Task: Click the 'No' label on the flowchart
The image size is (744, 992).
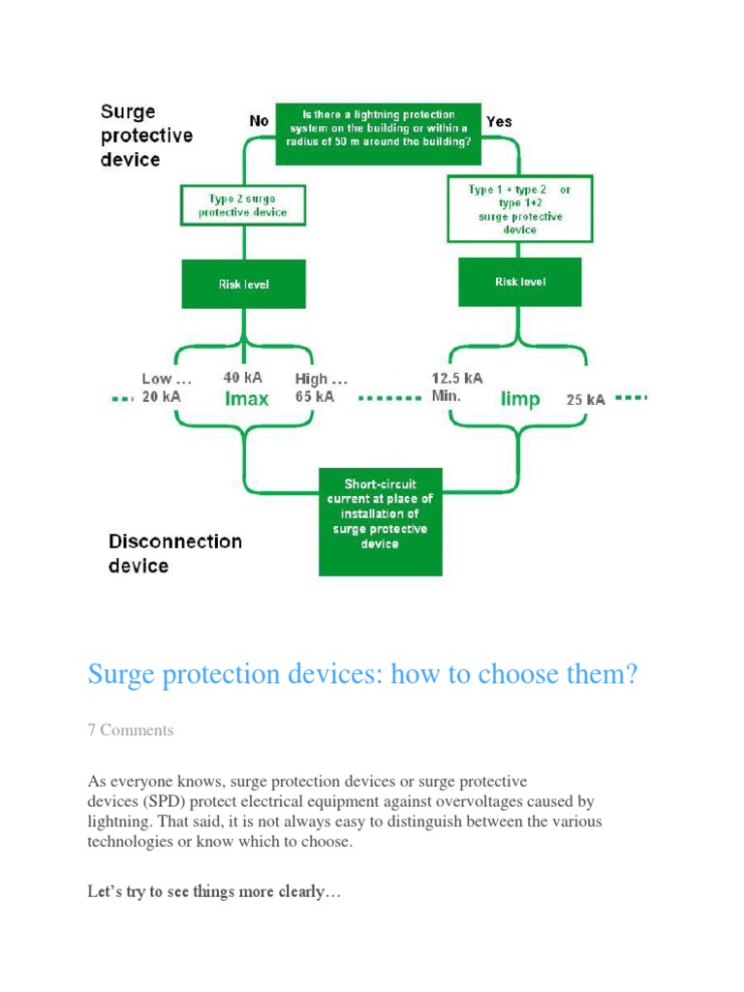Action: pos(259,121)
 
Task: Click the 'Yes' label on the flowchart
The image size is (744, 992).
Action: pos(499,121)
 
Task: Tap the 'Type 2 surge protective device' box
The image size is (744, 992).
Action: pos(243,205)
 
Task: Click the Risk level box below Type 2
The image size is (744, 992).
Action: pos(243,284)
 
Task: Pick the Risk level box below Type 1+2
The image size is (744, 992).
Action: pos(519,282)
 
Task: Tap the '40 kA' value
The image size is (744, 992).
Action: pos(243,378)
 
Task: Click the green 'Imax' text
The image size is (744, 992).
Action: pos(245,399)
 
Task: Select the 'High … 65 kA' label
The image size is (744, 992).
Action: pos(321,387)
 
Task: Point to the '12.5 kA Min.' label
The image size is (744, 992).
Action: pos(456,387)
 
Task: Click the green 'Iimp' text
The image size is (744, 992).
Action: pos(520,399)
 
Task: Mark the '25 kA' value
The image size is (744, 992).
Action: pos(586,400)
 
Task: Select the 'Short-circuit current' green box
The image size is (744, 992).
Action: pos(380,521)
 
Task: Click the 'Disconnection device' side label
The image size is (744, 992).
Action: pos(174,553)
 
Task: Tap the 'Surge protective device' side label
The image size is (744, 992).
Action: pos(146,136)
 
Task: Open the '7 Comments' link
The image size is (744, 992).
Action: pos(131,730)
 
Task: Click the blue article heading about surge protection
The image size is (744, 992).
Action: pos(362,674)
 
